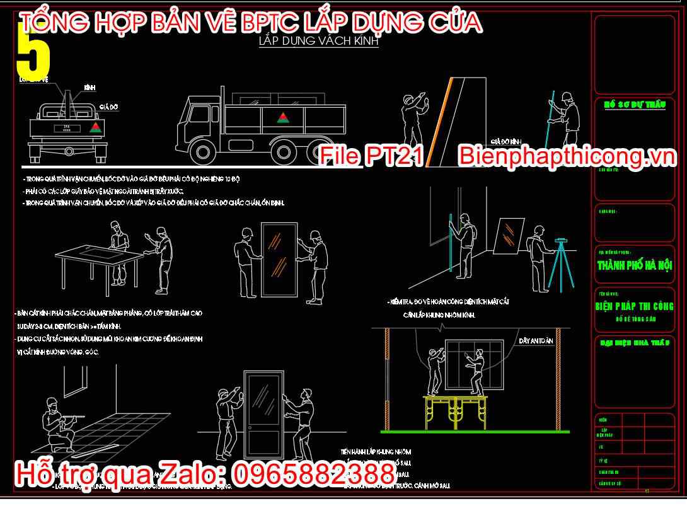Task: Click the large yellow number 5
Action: (33, 54)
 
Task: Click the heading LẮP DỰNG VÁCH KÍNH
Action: (318, 42)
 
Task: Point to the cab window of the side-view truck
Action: (201, 114)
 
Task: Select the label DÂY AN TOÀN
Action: (536, 341)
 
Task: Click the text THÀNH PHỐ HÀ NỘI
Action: (635, 265)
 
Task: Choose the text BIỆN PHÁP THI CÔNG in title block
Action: (635, 307)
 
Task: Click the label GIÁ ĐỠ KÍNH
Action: (505, 142)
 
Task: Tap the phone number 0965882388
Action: (313, 474)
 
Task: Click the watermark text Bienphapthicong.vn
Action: (567, 156)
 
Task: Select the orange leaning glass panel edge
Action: (440, 123)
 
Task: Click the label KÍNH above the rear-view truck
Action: (89, 88)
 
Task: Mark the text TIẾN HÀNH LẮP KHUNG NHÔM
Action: (376, 452)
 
